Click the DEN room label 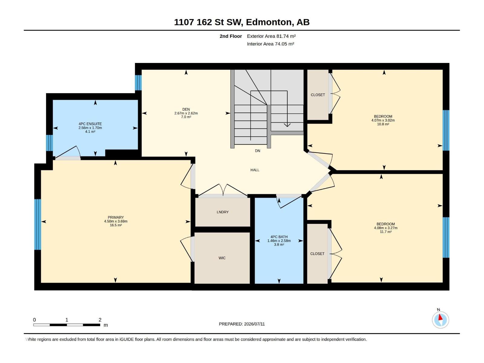pyautogui.click(x=186, y=109)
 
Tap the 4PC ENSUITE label pyautogui.click(x=90, y=124)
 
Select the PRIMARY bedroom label pyautogui.click(x=116, y=217)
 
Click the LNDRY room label pyautogui.click(x=222, y=212)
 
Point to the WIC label pyautogui.click(x=222, y=258)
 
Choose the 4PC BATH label pyautogui.click(x=279, y=237)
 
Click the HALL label pyautogui.click(x=255, y=170)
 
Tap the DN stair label pyautogui.click(x=257, y=151)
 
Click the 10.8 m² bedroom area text pyautogui.click(x=383, y=124)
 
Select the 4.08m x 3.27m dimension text pyautogui.click(x=385, y=228)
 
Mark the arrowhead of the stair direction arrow pyautogui.click(x=287, y=125)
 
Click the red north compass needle pyautogui.click(x=440, y=317)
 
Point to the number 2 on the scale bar pyautogui.click(x=100, y=320)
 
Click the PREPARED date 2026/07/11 pyautogui.click(x=254, y=324)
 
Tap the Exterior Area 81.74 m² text pyautogui.click(x=271, y=36)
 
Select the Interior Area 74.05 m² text pyautogui.click(x=270, y=44)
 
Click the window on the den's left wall pyautogui.click(x=138, y=83)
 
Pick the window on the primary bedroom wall pyautogui.click(x=38, y=224)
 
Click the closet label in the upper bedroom pyautogui.click(x=318, y=95)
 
